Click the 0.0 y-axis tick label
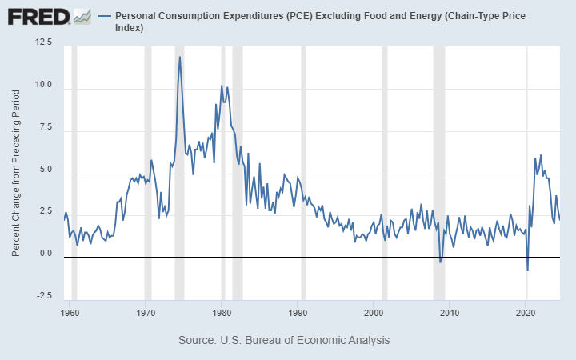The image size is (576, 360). [x=46, y=254]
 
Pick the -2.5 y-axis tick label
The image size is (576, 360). [x=44, y=296]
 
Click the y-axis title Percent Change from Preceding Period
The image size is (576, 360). [x=17, y=173]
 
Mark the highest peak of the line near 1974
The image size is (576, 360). [x=179, y=57]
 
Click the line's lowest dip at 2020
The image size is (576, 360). [x=527, y=270]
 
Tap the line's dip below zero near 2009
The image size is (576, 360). [x=441, y=262]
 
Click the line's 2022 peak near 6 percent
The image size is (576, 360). [x=541, y=155]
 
